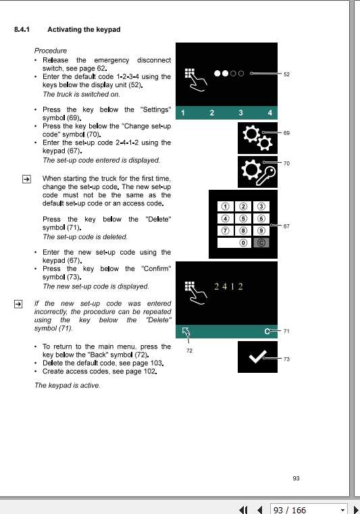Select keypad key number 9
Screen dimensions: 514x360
[260, 230]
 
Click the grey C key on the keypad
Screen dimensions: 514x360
[260, 242]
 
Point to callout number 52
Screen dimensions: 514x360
[286, 74]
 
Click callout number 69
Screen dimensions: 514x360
[286, 133]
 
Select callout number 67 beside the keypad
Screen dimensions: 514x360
[286, 226]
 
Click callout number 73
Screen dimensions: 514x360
[286, 359]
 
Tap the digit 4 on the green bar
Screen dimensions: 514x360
[269, 112]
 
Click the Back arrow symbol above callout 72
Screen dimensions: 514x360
[186, 332]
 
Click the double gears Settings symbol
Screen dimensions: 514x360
[257, 138]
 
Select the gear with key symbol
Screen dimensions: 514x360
[257, 172]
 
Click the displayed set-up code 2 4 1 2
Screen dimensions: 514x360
[228, 286]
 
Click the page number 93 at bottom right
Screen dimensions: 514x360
[296, 478]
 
